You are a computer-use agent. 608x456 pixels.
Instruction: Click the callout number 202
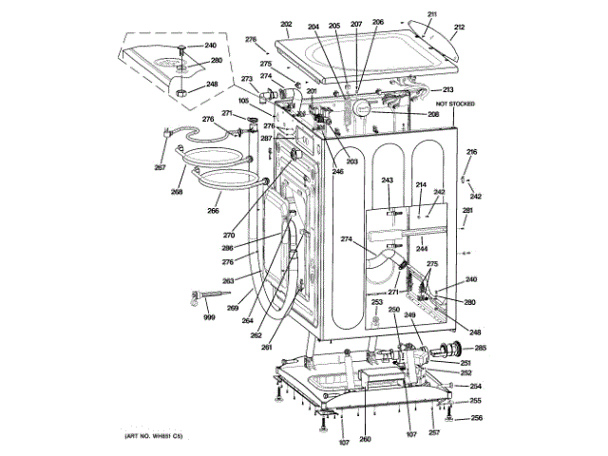click(286, 24)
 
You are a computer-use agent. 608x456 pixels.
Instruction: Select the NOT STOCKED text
click(455, 103)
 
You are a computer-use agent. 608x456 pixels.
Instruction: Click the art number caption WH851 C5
click(153, 436)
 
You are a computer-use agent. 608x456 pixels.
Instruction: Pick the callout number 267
click(161, 168)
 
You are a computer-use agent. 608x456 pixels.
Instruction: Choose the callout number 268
click(177, 192)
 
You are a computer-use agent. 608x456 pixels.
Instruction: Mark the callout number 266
click(214, 211)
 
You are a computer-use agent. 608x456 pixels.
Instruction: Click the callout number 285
click(480, 348)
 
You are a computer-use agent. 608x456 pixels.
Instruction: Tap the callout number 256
click(476, 418)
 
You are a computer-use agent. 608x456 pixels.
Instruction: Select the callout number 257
click(433, 433)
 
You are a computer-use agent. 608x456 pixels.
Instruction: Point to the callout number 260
click(365, 439)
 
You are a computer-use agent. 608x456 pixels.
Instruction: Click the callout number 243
click(388, 180)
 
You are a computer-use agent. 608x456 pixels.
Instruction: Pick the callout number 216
click(472, 152)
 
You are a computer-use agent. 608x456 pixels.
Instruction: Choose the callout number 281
click(467, 210)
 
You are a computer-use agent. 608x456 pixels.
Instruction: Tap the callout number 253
click(376, 302)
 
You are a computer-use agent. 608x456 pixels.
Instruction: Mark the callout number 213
click(447, 89)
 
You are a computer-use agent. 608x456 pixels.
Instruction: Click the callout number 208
click(433, 114)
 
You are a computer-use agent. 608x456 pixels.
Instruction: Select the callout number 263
click(228, 281)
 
